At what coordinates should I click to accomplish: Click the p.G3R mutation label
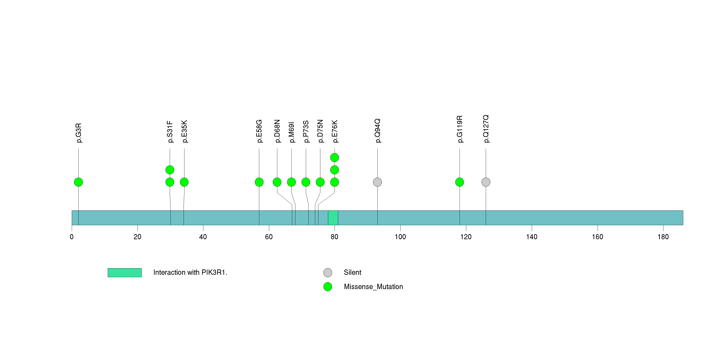pos(79,133)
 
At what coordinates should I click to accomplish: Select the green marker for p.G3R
pos(78,182)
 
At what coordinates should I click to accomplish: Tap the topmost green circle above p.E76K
pos(334,158)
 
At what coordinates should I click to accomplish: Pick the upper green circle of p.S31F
pos(170,170)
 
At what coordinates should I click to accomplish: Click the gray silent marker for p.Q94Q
pos(377,182)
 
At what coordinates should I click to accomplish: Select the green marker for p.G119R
pos(459,182)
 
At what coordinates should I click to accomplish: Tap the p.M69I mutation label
pos(291,132)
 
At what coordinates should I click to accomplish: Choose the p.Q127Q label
pos(486,129)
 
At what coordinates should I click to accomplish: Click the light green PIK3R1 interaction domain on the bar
pos(333,218)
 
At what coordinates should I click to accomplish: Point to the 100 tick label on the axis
pos(400,237)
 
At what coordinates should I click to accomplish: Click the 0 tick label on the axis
pos(72,237)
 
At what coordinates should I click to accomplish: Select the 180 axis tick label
pos(663,237)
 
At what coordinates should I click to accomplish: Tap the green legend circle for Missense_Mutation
pos(328,287)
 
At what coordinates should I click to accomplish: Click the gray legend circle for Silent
pos(328,272)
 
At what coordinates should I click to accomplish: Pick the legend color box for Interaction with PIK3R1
pos(125,273)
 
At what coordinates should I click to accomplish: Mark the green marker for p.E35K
pos(184,182)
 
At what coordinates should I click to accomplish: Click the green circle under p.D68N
pos(277,182)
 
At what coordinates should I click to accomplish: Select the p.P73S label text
pos(306,132)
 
